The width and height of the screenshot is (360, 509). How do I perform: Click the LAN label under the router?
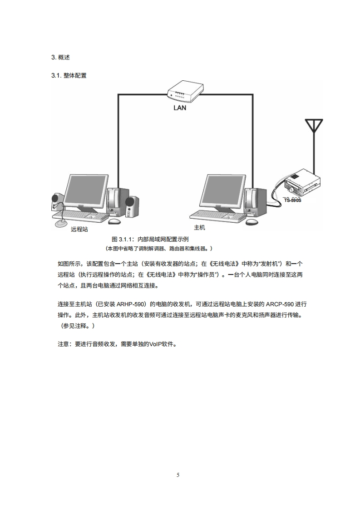pyautogui.click(x=180, y=108)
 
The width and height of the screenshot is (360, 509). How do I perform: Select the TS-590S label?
pyautogui.click(x=292, y=200)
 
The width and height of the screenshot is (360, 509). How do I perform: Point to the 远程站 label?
pyautogui.click(x=79, y=230)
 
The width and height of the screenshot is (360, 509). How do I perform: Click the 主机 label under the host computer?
pyautogui.click(x=200, y=227)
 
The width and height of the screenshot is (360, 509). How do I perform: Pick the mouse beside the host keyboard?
pyautogui.click(x=252, y=221)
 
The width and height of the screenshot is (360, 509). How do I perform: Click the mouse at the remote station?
pyautogui.click(x=115, y=221)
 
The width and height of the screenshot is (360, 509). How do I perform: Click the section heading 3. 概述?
pyautogui.click(x=61, y=58)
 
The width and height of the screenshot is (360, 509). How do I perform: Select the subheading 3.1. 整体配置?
pyautogui.click(x=69, y=76)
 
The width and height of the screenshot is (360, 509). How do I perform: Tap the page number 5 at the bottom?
pyautogui.click(x=178, y=475)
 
